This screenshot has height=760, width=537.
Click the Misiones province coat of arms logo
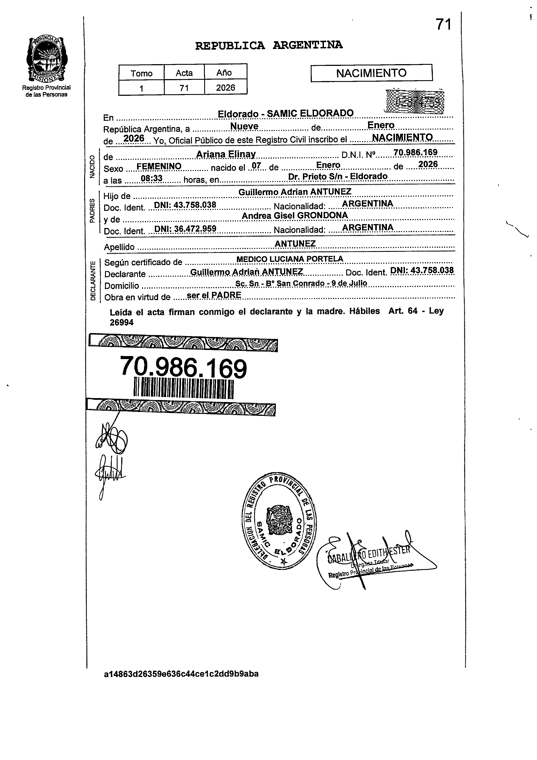click(x=46, y=60)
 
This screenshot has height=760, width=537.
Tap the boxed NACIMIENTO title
click(x=371, y=73)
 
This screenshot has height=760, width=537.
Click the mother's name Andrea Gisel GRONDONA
click(x=295, y=215)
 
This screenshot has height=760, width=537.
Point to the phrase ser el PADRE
click(x=214, y=295)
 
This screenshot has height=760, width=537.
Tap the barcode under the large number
click(x=184, y=389)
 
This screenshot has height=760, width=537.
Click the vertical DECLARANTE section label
click(x=93, y=280)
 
